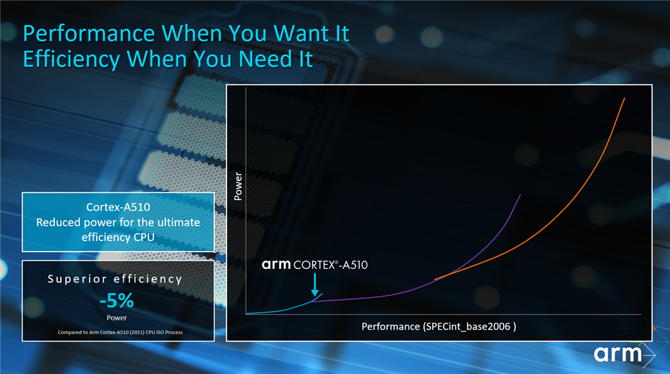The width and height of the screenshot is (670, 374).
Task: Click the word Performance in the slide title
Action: pyautogui.click(x=89, y=34)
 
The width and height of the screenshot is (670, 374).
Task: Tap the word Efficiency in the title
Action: pyautogui.click(x=72, y=59)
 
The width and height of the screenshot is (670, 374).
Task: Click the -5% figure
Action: pyautogui.click(x=117, y=300)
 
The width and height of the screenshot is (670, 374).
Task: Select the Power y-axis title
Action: pyautogui.click(x=238, y=186)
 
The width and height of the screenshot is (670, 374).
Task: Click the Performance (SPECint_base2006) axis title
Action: pyautogui.click(x=439, y=326)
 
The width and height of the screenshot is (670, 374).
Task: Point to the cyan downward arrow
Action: pyautogui.click(x=315, y=284)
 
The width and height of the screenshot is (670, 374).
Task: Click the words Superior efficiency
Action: pyautogui.click(x=115, y=279)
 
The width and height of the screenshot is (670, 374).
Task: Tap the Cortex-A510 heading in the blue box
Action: pyautogui.click(x=118, y=207)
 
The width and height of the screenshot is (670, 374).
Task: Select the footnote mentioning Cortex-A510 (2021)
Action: pyautogui.click(x=120, y=332)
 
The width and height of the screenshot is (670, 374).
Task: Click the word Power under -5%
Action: pyautogui.click(x=117, y=318)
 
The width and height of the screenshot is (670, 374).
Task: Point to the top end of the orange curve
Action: pyautogui.click(x=625, y=98)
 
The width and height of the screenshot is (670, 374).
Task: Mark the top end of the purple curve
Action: pyautogui.click(x=520, y=195)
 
